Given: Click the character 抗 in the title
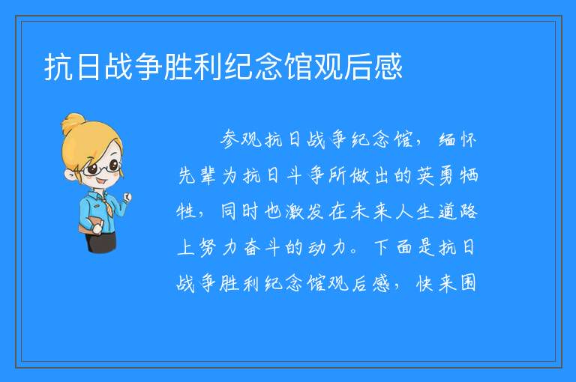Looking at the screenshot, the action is [x=58, y=67].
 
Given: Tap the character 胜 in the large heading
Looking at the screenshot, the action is [x=178, y=67].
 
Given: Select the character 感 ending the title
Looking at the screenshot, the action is [x=388, y=67].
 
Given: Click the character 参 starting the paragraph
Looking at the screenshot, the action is [x=230, y=139].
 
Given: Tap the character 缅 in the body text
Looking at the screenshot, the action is [x=447, y=139].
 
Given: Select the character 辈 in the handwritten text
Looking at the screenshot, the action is [x=208, y=175].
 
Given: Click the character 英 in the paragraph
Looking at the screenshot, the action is [x=425, y=175].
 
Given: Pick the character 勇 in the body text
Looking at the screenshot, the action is [x=447, y=175].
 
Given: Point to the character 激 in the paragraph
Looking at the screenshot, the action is [x=295, y=212].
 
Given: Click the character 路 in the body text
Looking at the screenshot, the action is [x=469, y=212].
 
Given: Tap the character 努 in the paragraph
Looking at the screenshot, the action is [x=208, y=247].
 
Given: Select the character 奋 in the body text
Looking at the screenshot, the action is [x=252, y=247].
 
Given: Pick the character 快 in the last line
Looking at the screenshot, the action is [x=425, y=283].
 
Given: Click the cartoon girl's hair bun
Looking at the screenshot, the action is [x=73, y=123].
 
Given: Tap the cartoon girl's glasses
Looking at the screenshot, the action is [x=102, y=168].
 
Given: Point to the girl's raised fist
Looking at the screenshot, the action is [x=127, y=198].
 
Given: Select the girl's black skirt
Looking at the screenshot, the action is [x=101, y=242].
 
